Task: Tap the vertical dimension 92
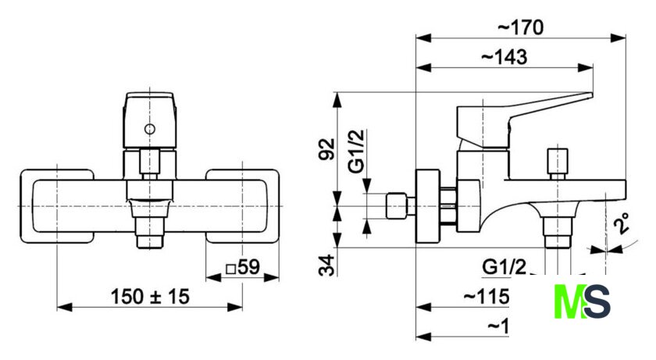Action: click(328, 148)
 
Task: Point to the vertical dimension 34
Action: click(328, 266)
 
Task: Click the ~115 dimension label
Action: click(486, 297)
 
